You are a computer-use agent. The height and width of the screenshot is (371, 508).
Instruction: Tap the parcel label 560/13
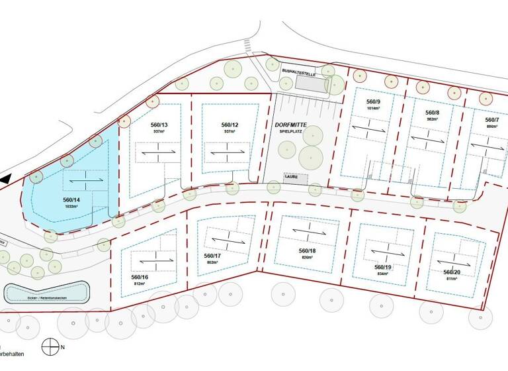pyautogui.click(x=159, y=125)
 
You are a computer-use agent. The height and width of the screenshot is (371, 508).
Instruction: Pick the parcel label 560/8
pyautogui.click(x=433, y=113)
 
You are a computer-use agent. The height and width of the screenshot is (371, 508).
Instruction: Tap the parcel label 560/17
pyautogui.click(x=212, y=256)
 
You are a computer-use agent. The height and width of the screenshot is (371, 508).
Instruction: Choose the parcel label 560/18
pyautogui.click(x=308, y=250)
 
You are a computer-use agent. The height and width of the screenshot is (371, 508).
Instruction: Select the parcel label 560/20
pyautogui.click(x=452, y=272)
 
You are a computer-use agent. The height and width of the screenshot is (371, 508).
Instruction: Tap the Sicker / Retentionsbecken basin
pyautogui.click(x=46, y=292)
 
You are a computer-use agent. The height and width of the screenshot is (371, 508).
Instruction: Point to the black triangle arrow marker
pyautogui.click(x=5, y=178)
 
